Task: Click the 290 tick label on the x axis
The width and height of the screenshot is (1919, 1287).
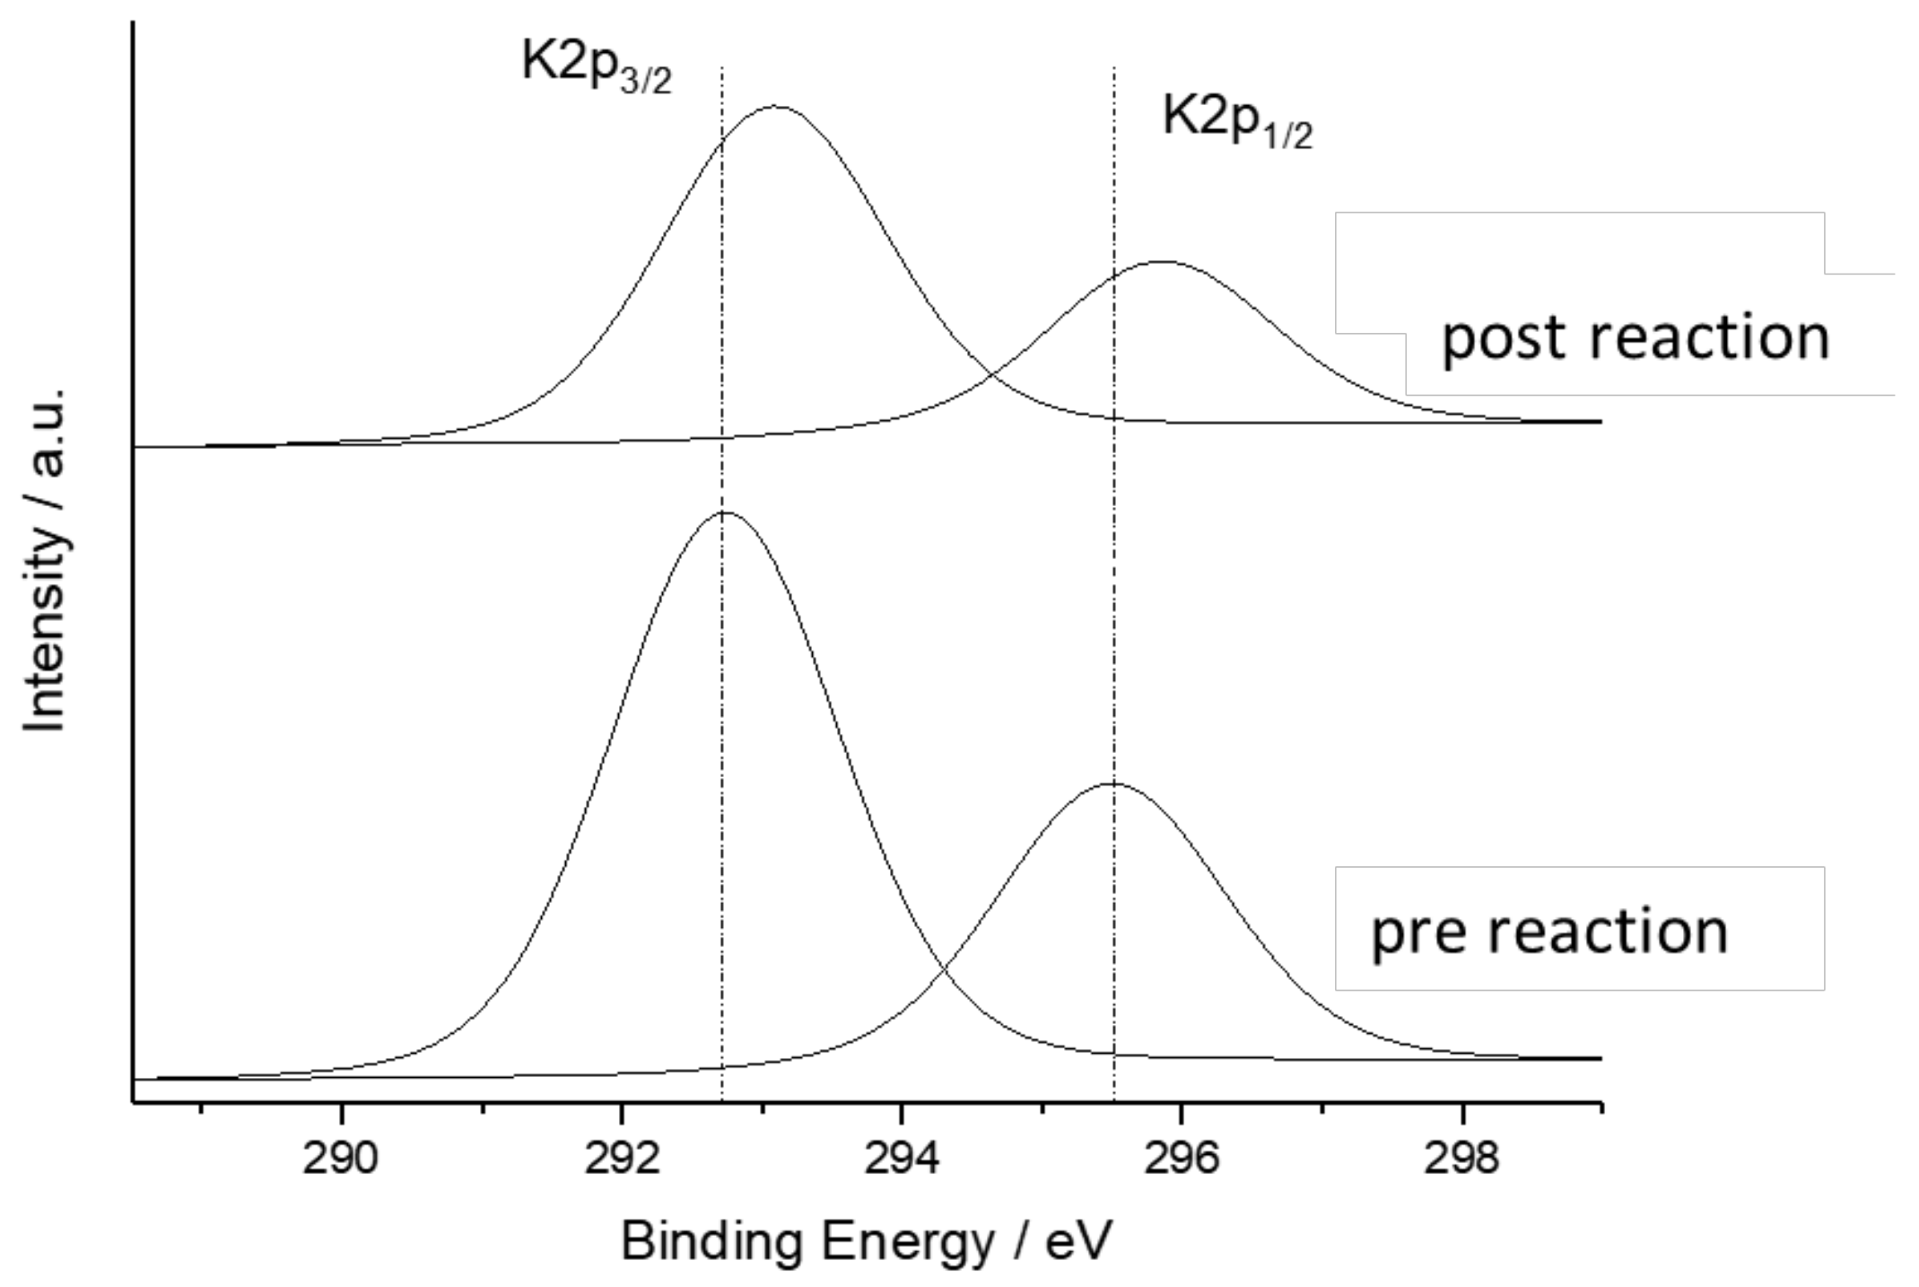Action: [x=340, y=1159]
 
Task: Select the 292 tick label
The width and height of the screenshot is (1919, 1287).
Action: [x=621, y=1159]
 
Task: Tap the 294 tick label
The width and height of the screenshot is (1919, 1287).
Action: [x=901, y=1159]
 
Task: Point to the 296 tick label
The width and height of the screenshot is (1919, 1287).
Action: [x=1182, y=1159]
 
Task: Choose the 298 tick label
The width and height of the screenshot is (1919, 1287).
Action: [x=1462, y=1159]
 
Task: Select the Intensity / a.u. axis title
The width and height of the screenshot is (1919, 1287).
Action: [x=45, y=561]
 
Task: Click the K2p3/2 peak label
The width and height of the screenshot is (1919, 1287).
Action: [x=596, y=66]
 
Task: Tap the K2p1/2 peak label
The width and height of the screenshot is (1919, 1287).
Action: [x=1236, y=120]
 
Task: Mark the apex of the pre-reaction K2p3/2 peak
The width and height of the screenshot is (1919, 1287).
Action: [x=725, y=512]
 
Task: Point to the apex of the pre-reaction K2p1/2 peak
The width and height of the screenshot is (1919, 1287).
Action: [x=1112, y=784]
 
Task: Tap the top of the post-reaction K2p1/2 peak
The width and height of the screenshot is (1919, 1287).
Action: [x=1162, y=262]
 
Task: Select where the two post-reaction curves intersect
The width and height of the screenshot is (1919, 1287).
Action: [x=992, y=375]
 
